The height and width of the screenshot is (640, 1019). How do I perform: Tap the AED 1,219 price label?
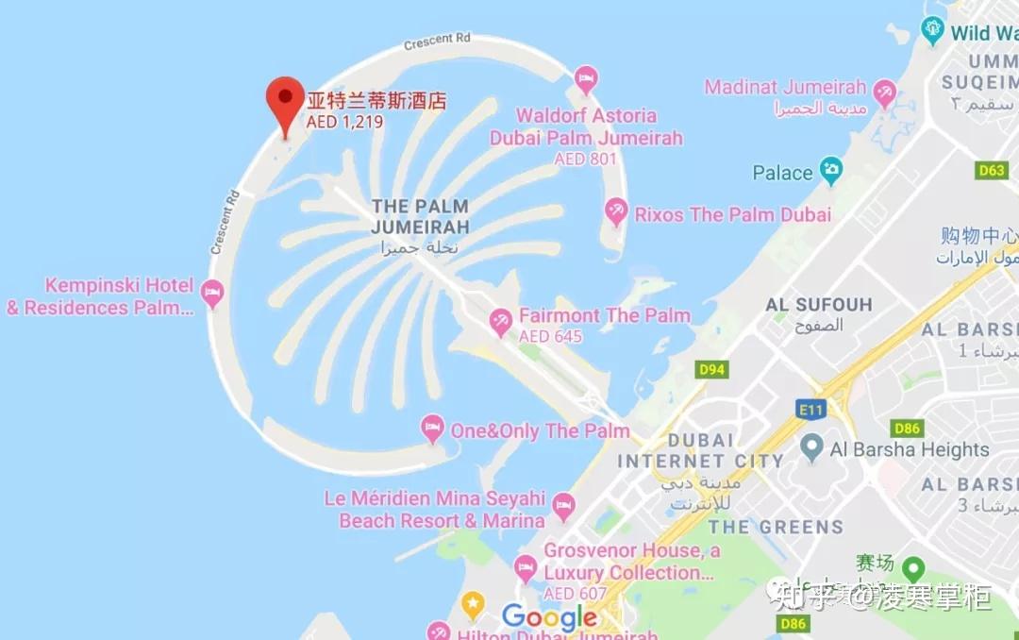344,122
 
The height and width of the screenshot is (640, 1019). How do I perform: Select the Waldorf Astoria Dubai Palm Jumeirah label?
586,127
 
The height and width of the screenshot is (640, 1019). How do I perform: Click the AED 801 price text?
585,160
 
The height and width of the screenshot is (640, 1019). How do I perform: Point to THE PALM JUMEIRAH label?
420,216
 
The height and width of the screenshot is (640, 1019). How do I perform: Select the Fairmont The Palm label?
604,315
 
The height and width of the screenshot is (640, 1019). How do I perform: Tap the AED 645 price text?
550,337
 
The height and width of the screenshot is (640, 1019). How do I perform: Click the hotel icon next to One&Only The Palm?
432,429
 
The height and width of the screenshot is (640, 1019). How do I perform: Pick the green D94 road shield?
711,369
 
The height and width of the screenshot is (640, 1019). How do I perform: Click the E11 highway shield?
810,409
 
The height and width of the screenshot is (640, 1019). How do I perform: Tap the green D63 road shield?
992,171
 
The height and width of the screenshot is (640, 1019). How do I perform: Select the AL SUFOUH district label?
819,305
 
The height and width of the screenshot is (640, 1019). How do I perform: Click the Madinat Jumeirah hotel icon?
884,93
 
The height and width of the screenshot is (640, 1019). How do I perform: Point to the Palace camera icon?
831,172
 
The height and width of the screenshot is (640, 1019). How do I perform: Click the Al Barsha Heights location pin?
811,447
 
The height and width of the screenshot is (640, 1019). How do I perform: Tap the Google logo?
550,618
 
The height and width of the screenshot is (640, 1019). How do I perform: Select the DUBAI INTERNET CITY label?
700,451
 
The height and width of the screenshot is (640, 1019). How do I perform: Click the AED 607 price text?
575,594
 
